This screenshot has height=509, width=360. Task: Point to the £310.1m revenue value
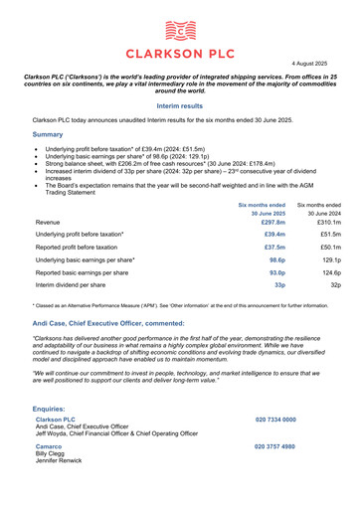click(326, 222)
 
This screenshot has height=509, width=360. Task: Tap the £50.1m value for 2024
click(328, 257)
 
